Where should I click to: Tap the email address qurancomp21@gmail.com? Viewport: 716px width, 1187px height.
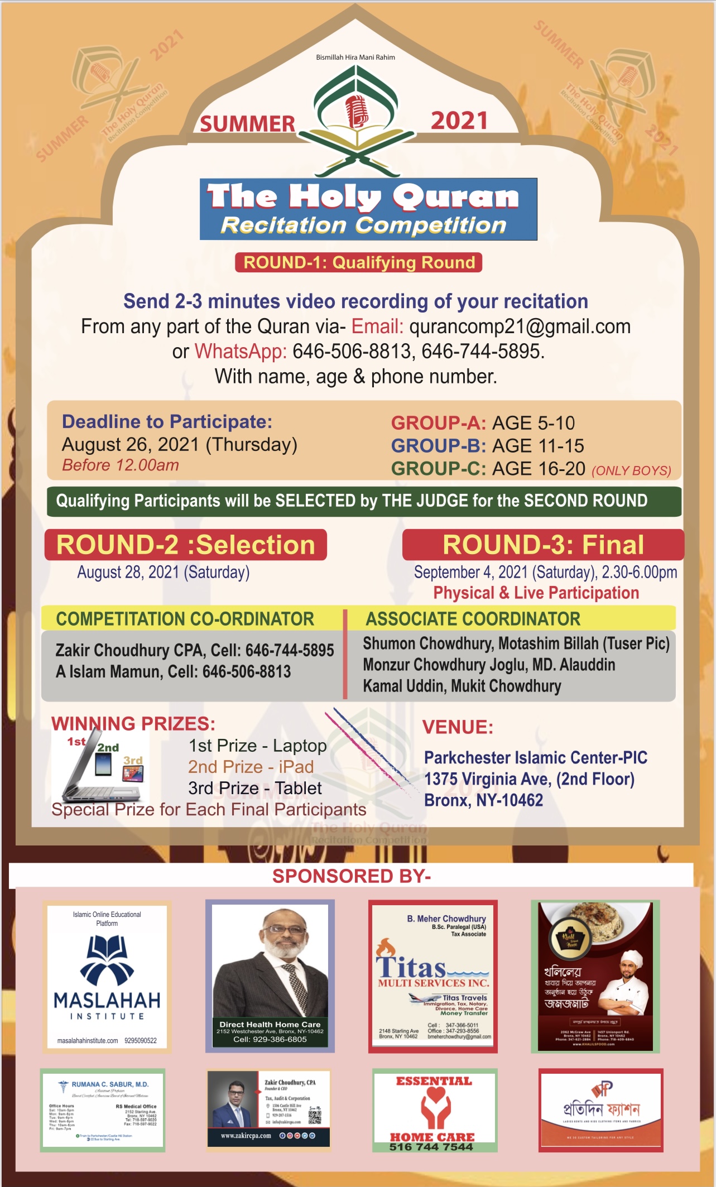pyautogui.click(x=520, y=326)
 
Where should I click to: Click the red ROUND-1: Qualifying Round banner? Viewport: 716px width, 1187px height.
pyautogui.click(x=359, y=262)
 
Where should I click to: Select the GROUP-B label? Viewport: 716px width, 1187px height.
pyautogui.click(x=438, y=446)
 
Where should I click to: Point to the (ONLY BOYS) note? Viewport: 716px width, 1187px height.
pyautogui.click(x=631, y=470)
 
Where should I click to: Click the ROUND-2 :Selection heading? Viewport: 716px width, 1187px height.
pyautogui.click(x=186, y=545)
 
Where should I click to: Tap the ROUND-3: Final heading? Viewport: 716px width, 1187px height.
pyautogui.click(x=543, y=545)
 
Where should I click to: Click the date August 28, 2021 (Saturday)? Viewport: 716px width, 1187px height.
pyautogui.click(x=163, y=573)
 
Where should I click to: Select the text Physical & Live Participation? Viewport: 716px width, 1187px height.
pyautogui.click(x=536, y=593)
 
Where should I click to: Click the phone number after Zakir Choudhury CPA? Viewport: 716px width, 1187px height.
pyautogui.click(x=290, y=650)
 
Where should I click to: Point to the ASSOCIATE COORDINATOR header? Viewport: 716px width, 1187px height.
pyautogui.click(x=473, y=619)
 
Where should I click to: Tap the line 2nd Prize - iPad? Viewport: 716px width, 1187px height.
pyautogui.click(x=251, y=767)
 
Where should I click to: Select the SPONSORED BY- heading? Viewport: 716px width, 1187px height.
pyautogui.click(x=352, y=876)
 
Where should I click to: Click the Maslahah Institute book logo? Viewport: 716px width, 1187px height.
pyautogui.click(x=107, y=959)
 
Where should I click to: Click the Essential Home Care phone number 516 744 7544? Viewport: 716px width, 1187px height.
pyautogui.click(x=431, y=1147)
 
